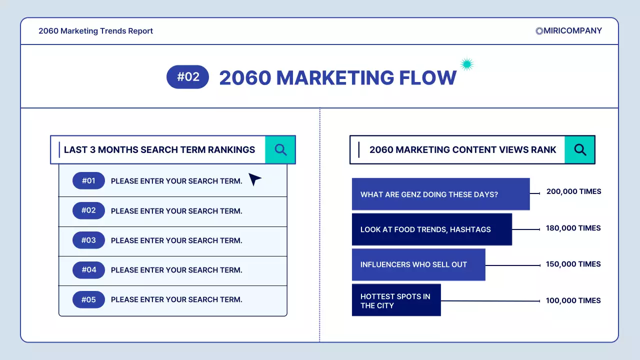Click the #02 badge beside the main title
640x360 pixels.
pyautogui.click(x=187, y=77)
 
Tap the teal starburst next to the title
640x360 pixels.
pyautogui.click(x=466, y=64)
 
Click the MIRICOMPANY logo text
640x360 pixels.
pyautogui.click(x=572, y=30)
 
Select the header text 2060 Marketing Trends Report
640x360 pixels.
pyautogui.click(x=95, y=31)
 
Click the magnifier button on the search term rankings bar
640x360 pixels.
pyautogui.click(x=280, y=149)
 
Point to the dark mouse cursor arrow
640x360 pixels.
pyautogui.click(x=254, y=179)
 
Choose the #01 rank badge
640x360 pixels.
pyautogui.click(x=88, y=181)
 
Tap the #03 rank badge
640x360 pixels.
pyautogui.click(x=88, y=240)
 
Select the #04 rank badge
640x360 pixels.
pyautogui.click(x=88, y=270)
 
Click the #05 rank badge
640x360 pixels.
pyautogui.click(x=88, y=299)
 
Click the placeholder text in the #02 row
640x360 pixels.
pyautogui.click(x=176, y=211)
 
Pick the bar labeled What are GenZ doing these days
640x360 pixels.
pyautogui.click(x=440, y=194)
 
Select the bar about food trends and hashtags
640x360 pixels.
pyautogui.click(x=431, y=229)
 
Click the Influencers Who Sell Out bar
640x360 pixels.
pyautogui.click(x=418, y=264)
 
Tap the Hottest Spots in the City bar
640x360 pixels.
pyautogui.click(x=396, y=300)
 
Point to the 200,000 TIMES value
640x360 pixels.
pyautogui.click(x=573, y=191)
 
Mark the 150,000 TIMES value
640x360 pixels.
pyautogui.click(x=573, y=264)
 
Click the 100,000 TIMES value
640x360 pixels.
pyautogui.click(x=573, y=300)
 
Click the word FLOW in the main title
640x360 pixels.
pyautogui.click(x=427, y=77)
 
